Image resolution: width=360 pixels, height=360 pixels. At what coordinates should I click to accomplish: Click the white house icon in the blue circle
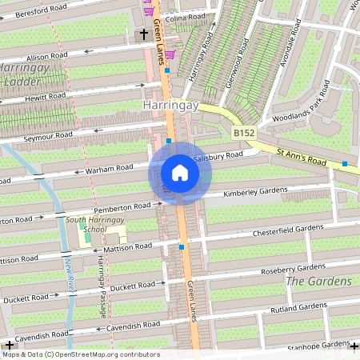coord(180,173)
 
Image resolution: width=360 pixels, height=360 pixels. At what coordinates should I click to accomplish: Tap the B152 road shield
coord(244,132)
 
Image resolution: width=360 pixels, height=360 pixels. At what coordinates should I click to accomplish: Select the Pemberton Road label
coord(123,206)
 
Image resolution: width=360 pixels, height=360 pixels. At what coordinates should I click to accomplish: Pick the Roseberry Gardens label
coord(294,266)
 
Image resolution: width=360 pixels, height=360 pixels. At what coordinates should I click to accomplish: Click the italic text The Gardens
coord(318,282)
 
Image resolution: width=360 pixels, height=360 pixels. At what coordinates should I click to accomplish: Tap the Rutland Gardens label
coord(298,306)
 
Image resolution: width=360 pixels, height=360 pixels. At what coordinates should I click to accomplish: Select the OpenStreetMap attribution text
coord(80,354)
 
